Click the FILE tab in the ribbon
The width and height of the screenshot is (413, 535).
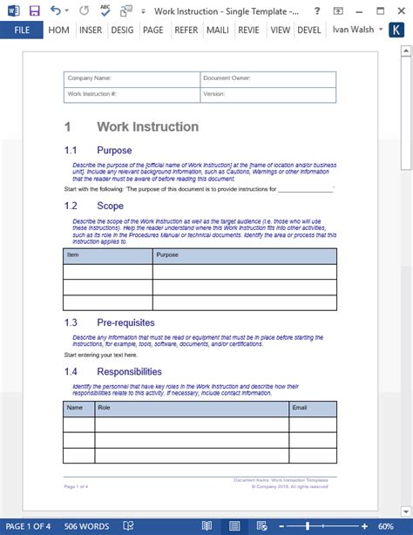tap(22, 30)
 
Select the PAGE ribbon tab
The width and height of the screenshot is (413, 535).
tap(153, 30)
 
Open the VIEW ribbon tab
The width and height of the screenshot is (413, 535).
tap(280, 30)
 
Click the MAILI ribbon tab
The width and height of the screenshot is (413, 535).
tap(217, 30)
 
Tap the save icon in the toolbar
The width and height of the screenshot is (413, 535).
tap(34, 10)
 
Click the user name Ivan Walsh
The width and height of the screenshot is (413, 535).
tap(354, 30)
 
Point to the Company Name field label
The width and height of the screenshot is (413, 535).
tap(90, 78)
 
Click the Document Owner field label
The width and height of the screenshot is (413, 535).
tap(229, 78)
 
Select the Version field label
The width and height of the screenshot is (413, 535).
tap(214, 93)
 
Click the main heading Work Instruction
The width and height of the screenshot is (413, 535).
tap(147, 127)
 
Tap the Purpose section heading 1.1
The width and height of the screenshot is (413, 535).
tap(114, 151)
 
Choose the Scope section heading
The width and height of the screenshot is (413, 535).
tap(110, 206)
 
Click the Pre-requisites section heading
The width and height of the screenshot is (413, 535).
tap(125, 322)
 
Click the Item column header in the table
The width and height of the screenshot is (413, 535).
tap(73, 255)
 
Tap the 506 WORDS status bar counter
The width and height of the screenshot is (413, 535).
tap(86, 526)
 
